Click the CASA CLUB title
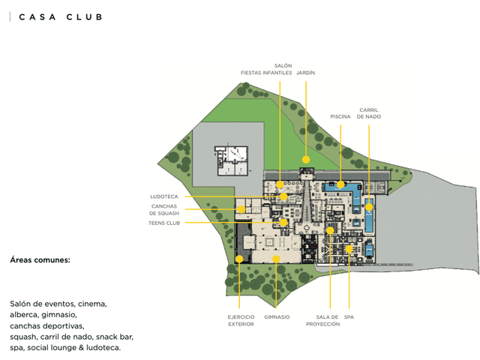click(x=61, y=17)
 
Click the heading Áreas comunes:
click(x=40, y=260)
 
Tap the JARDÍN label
click(x=305, y=73)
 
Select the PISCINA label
click(x=340, y=117)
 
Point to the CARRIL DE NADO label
click(x=369, y=113)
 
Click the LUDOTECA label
click(x=164, y=196)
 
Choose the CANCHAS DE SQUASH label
click(x=164, y=210)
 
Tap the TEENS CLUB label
click(x=164, y=223)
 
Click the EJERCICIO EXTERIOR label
click(x=241, y=320)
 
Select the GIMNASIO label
click(x=277, y=317)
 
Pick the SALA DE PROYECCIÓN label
click(x=323, y=320)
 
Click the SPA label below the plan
click(x=349, y=317)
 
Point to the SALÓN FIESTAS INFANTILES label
click(x=266, y=69)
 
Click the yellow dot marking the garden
click(x=306, y=160)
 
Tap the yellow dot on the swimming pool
click(x=340, y=184)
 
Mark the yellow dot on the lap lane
click(x=369, y=207)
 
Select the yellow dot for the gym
click(x=276, y=259)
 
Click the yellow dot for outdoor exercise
click(x=239, y=259)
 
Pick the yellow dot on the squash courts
click(x=241, y=209)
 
